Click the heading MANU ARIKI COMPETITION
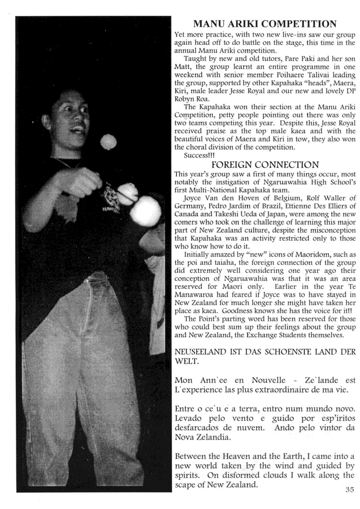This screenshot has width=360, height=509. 265,24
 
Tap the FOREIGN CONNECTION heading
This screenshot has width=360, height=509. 265,165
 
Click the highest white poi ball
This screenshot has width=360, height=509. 108,142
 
